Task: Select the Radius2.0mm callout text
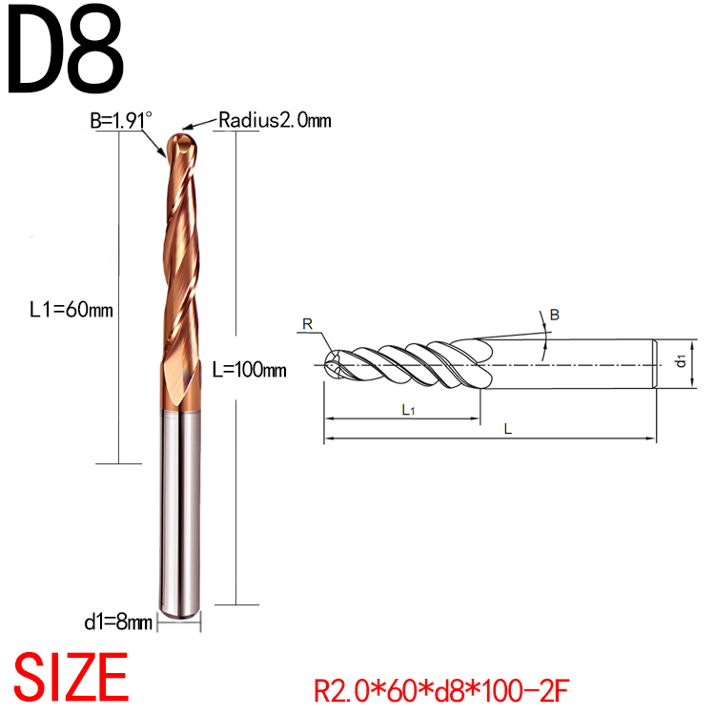[274, 120]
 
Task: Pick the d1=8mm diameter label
[116, 623]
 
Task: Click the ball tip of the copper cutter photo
[181, 145]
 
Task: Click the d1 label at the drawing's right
[681, 361]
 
